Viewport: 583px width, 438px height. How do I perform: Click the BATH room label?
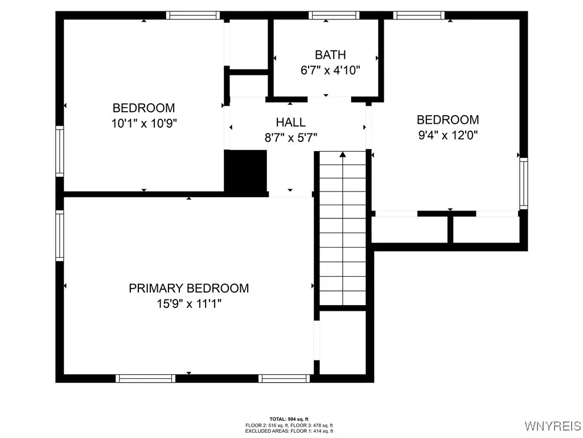click(330, 55)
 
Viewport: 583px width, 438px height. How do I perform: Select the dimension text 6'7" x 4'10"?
click(330, 70)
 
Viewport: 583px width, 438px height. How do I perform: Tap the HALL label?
click(290, 122)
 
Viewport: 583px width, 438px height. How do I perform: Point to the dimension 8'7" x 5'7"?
click(290, 137)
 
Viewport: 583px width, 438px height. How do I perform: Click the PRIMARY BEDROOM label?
click(188, 288)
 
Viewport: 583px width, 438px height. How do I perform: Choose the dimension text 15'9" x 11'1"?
click(188, 303)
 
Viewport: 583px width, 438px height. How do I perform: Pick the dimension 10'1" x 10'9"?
click(143, 123)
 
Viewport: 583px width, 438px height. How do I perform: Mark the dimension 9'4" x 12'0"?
click(447, 135)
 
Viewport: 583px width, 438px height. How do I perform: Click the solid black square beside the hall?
click(246, 171)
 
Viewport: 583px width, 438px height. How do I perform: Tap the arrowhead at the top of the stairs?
click(342, 154)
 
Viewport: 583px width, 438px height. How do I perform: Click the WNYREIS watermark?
click(552, 426)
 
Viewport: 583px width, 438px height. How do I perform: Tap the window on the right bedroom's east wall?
click(523, 182)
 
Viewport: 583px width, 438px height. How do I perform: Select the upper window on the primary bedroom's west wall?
click(59, 235)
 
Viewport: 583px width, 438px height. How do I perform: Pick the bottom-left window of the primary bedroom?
click(145, 378)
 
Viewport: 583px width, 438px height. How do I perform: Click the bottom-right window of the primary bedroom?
click(284, 378)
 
